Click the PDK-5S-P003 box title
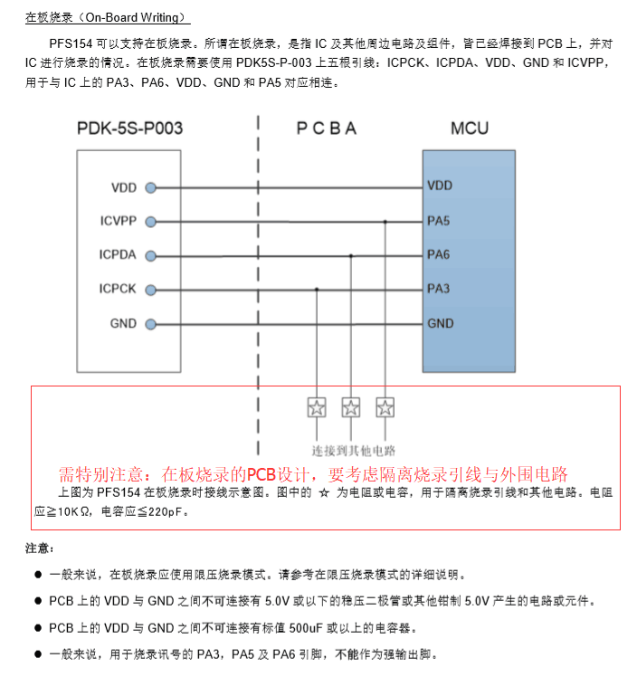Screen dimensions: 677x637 click(128, 129)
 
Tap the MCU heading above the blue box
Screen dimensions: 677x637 click(469, 129)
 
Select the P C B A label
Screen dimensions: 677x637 click(327, 129)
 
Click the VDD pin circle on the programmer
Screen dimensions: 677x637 click(150, 187)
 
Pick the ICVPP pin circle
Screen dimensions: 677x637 click(150, 221)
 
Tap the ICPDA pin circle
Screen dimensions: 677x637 click(150, 255)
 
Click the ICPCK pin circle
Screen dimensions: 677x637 click(150, 289)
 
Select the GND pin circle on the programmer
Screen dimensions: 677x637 click(150, 323)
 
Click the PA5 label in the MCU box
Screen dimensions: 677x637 click(438, 221)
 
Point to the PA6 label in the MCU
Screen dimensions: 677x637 click(438, 255)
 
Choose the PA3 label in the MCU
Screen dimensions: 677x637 click(438, 289)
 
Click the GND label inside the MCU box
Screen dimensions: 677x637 click(441, 323)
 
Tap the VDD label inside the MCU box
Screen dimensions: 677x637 click(440, 186)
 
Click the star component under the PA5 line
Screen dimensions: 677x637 click(385, 407)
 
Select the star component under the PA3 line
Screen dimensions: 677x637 click(317, 407)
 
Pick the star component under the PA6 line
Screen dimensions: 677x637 click(351, 407)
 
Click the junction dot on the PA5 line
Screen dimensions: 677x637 click(385, 221)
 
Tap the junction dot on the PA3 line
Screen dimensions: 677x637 click(317, 289)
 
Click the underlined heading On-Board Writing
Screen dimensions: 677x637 click(108, 17)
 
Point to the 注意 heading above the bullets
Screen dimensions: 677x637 click(39, 548)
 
